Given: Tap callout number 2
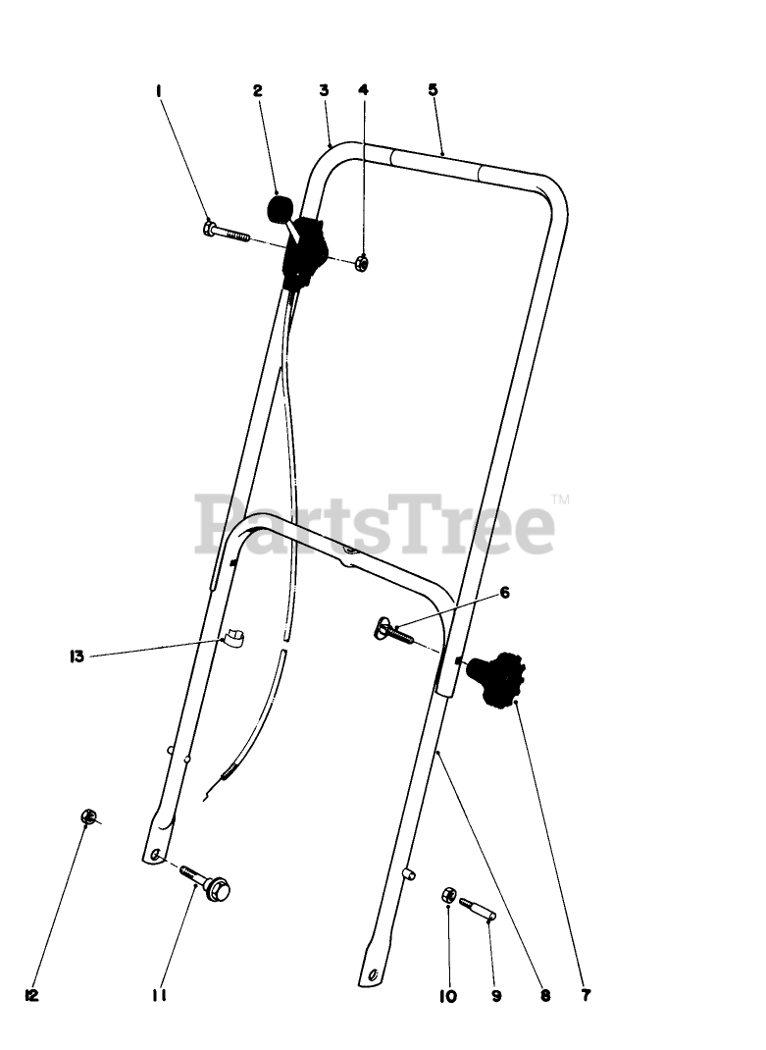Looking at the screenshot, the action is pyautogui.click(x=257, y=90).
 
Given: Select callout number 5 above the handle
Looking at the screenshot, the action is pyautogui.click(x=433, y=89).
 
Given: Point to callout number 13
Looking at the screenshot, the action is pyautogui.click(x=76, y=656).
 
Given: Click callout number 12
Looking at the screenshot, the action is pyautogui.click(x=31, y=995).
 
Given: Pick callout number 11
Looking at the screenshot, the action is pyautogui.click(x=159, y=995).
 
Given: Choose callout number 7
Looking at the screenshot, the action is pyautogui.click(x=586, y=995).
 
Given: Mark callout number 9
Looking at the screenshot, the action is pyautogui.click(x=496, y=995).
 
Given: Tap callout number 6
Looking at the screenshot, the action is pyautogui.click(x=505, y=593).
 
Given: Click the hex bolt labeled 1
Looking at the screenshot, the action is pyautogui.click(x=227, y=233).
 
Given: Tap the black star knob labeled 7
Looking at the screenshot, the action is pyautogui.click(x=499, y=679).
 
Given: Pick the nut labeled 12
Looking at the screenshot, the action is pyautogui.click(x=88, y=816).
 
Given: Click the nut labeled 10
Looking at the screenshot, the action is pyautogui.click(x=446, y=895).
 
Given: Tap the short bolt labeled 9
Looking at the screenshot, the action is pyautogui.click(x=478, y=907).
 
